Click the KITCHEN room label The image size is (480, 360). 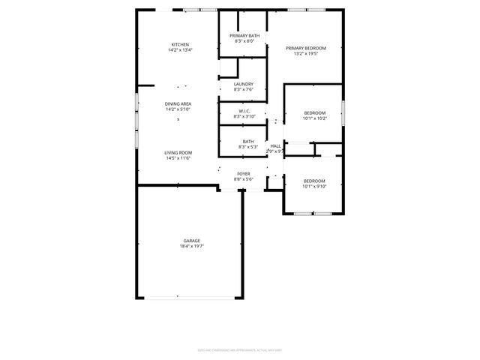[180, 44]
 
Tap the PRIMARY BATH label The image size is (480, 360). [244, 36]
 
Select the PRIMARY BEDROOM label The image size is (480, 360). [305, 48]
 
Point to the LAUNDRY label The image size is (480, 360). [244, 84]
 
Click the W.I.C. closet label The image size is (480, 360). [244, 111]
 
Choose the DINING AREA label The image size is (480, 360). [178, 103]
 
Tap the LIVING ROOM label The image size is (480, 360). [178, 153]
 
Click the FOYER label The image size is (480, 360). [244, 174]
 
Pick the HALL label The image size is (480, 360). [275, 145]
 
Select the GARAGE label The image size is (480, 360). [192, 241]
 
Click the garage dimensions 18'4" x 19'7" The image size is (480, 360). [192, 246]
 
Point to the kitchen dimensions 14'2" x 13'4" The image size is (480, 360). [180, 50]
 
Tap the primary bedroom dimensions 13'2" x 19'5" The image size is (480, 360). [305, 54]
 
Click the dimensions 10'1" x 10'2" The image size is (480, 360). [314, 117]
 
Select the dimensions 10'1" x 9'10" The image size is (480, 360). [314, 186]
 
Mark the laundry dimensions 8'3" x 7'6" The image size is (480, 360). [244, 89]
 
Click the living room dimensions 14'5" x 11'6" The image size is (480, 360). [178, 158]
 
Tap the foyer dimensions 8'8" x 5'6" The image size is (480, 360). [244, 179]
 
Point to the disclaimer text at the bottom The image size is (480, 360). [239, 349]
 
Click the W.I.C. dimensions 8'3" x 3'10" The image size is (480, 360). [244, 116]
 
